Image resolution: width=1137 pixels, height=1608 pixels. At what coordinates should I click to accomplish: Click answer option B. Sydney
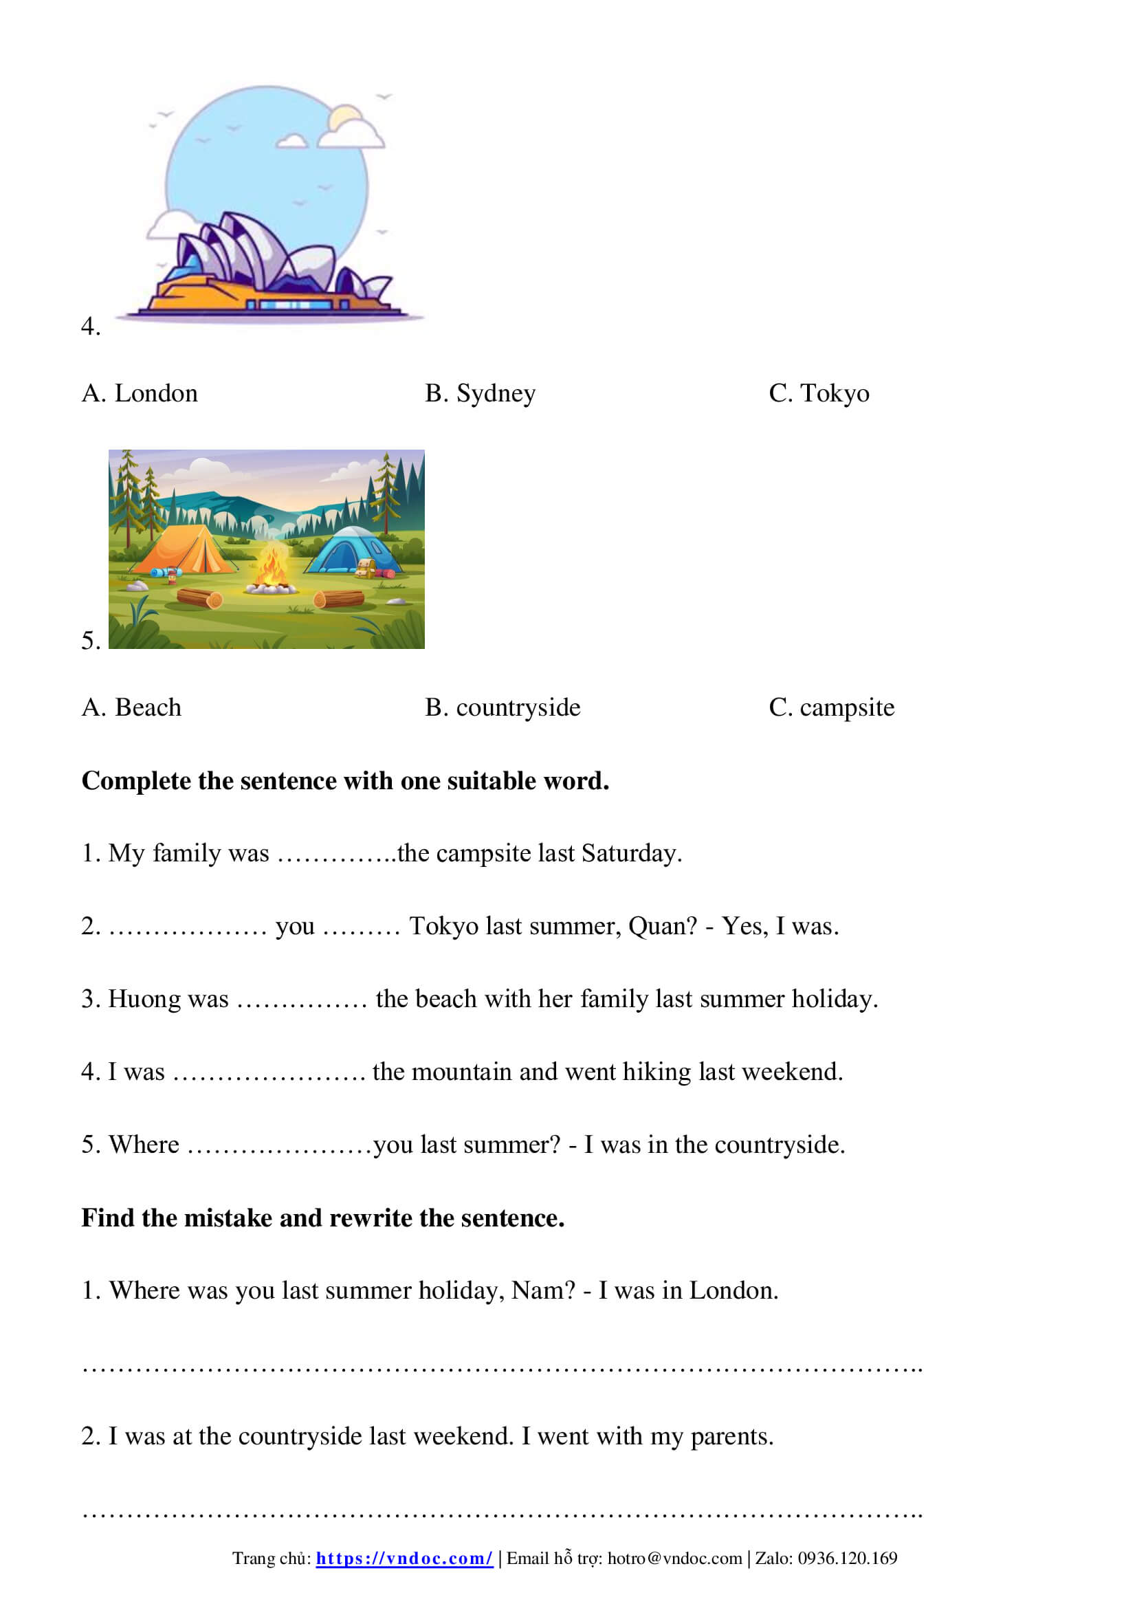(480, 394)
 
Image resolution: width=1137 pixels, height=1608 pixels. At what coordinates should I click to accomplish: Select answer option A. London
(140, 394)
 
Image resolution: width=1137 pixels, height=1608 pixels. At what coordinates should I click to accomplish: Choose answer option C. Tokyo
(819, 394)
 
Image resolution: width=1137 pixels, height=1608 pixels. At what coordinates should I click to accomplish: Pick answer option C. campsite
(831, 708)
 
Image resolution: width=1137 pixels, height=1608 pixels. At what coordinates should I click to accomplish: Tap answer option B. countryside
(502, 708)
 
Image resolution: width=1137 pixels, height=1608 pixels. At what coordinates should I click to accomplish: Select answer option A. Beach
(131, 708)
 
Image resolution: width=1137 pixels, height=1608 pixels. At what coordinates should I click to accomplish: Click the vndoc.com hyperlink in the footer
(404, 1559)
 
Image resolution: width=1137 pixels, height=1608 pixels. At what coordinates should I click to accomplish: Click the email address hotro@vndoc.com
(674, 1559)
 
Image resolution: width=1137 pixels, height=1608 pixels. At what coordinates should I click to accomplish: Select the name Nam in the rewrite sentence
(540, 1291)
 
